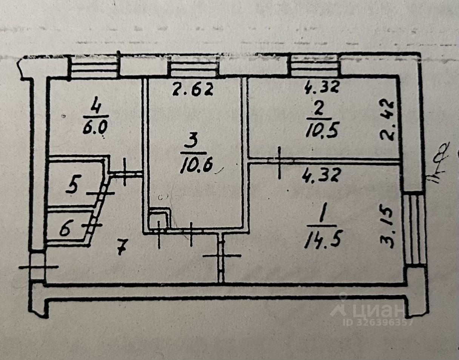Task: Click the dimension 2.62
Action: [193, 90]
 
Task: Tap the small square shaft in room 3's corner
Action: [159, 218]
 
